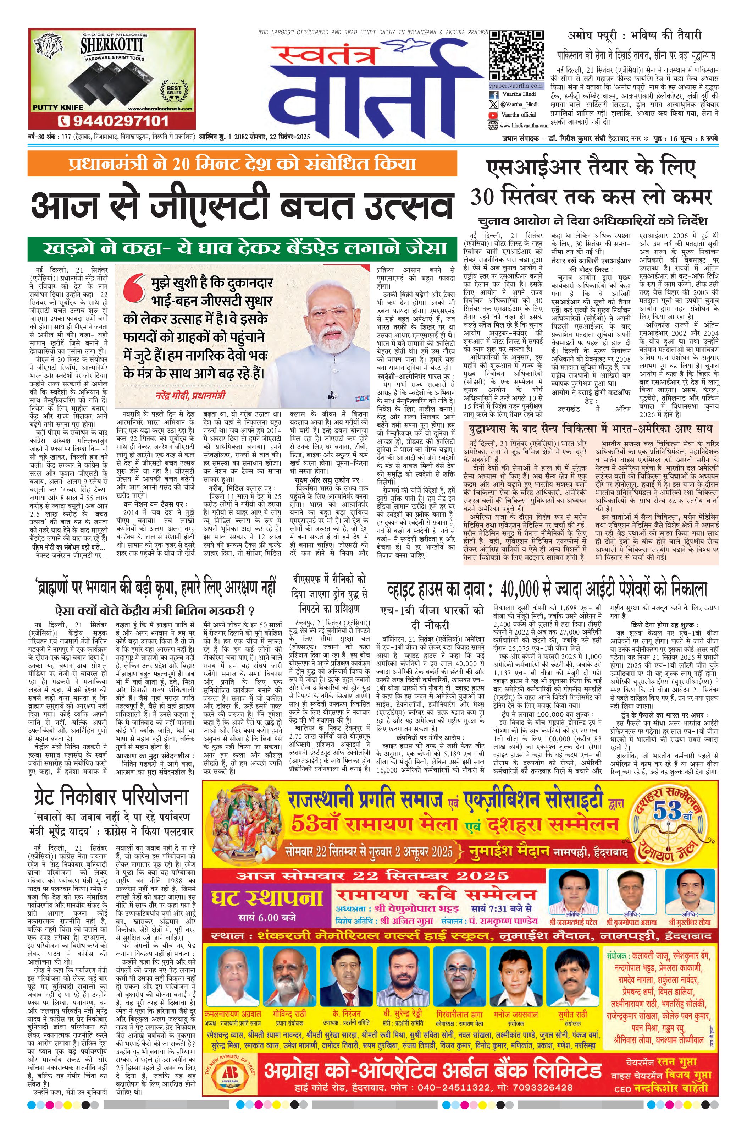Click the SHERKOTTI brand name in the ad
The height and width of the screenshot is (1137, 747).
click(x=111, y=46)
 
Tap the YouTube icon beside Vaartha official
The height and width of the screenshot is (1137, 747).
click(x=493, y=115)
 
